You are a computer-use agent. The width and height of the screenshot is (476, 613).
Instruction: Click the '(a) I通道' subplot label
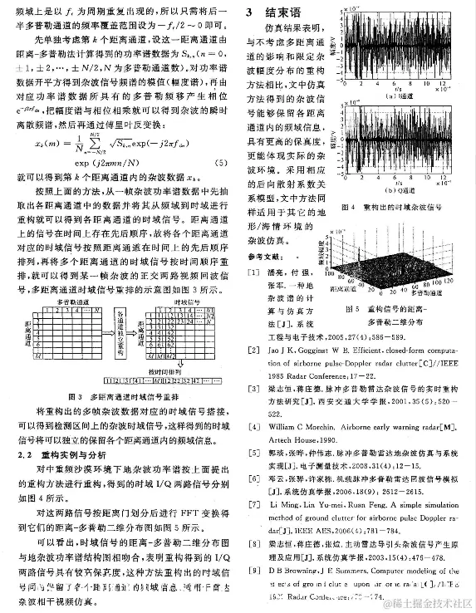[x=405, y=96]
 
